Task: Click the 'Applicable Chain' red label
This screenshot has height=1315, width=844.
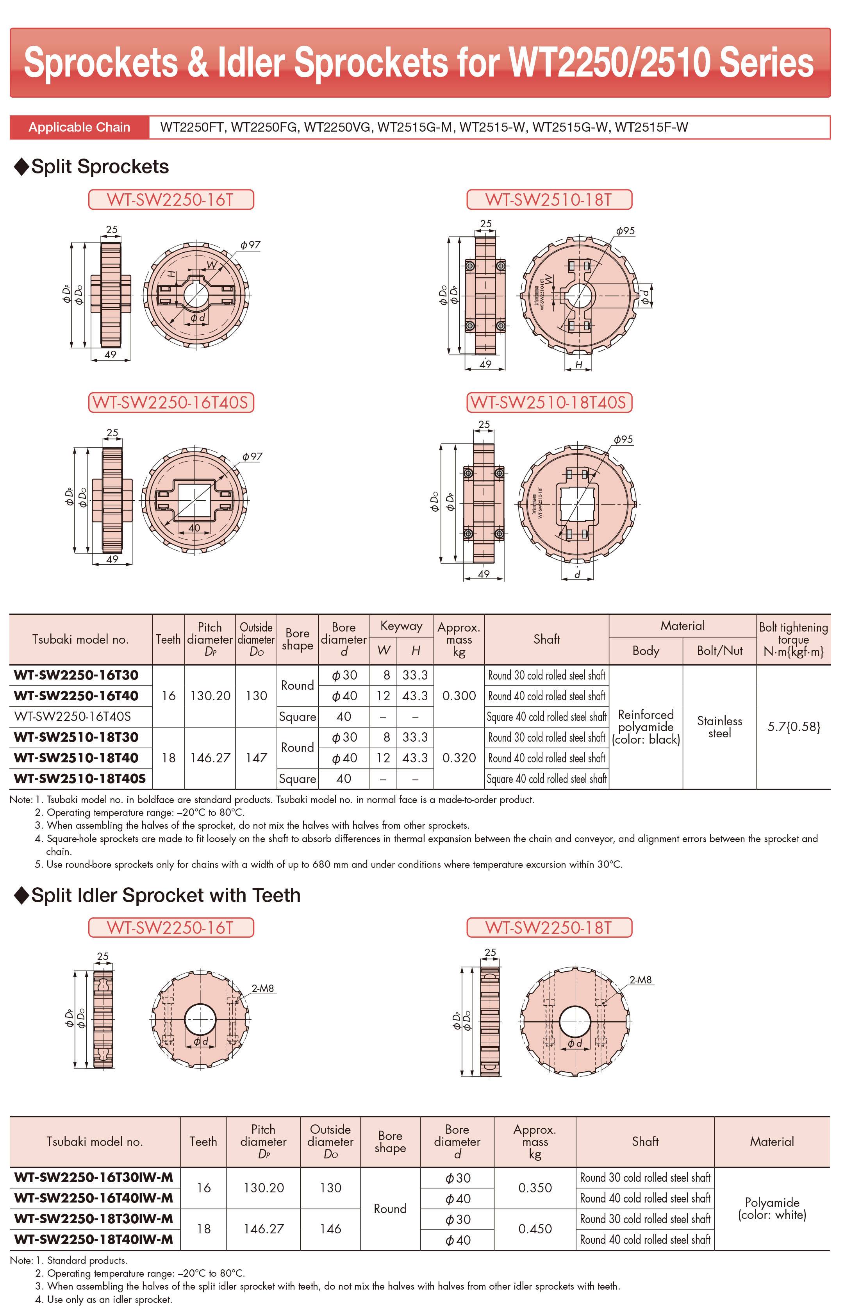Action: [79, 128]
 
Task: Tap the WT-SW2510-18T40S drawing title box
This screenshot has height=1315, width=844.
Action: [549, 403]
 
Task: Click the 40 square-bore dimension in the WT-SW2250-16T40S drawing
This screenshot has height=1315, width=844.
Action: [194, 528]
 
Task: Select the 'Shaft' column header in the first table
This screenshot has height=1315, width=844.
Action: [546, 639]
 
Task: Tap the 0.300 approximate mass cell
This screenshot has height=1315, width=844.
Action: [459, 696]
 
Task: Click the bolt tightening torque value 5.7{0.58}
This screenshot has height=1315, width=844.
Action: [794, 727]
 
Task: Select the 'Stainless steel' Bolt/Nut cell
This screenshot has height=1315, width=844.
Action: [719, 727]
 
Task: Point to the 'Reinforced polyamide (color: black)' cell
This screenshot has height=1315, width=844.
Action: [646, 727]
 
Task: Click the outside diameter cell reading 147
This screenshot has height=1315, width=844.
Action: [256, 758]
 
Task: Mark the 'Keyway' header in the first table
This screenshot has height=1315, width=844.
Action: [401, 626]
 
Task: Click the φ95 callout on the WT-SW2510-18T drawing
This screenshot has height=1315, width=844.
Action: [625, 231]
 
